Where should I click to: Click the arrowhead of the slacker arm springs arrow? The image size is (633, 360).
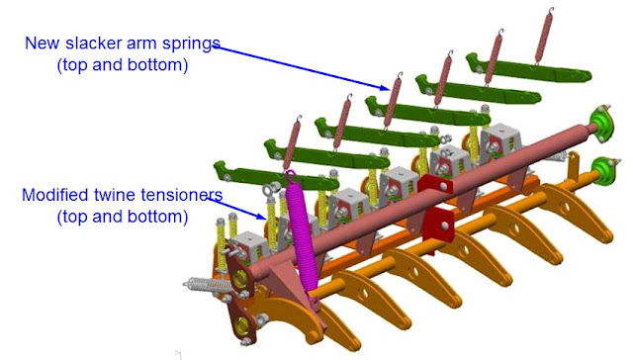(x=385, y=88)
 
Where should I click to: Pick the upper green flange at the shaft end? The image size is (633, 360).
(x=602, y=123)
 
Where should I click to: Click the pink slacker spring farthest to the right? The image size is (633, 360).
(x=544, y=36)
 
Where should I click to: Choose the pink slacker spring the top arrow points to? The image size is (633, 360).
(x=392, y=101)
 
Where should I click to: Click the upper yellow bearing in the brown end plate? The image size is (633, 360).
(x=240, y=278)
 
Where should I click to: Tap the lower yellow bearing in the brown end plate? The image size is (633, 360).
(x=241, y=323)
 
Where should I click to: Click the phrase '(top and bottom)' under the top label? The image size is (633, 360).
(x=123, y=65)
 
